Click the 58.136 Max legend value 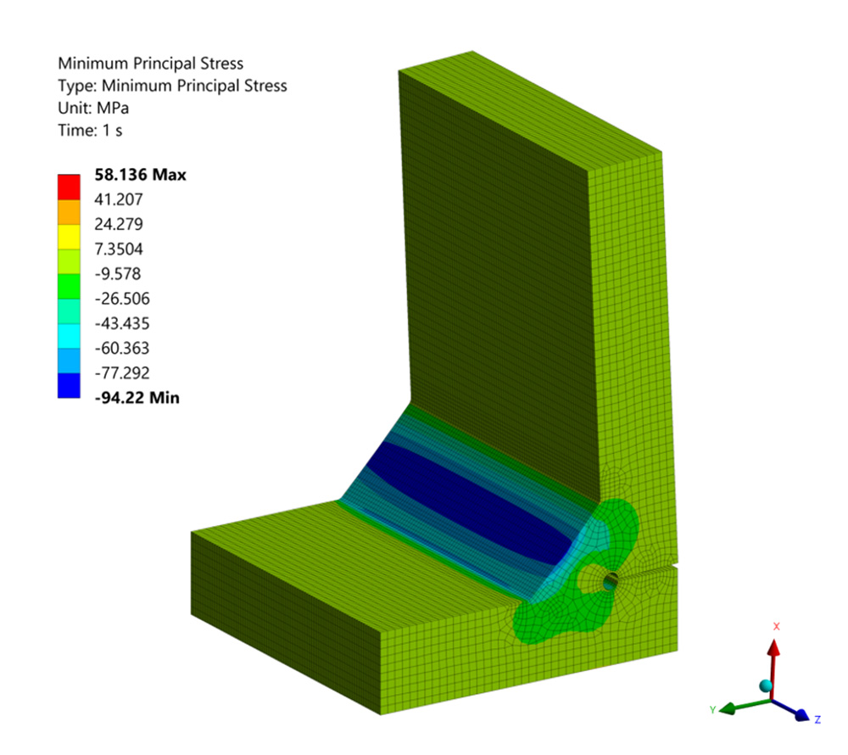(140, 175)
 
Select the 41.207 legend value (119, 199)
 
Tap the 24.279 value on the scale (119, 224)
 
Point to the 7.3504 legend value (119, 249)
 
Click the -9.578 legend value (117, 274)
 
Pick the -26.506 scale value (121, 299)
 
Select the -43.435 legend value (121, 323)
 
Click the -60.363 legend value (121, 348)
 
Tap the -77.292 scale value (121, 372)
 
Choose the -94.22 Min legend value (137, 398)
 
